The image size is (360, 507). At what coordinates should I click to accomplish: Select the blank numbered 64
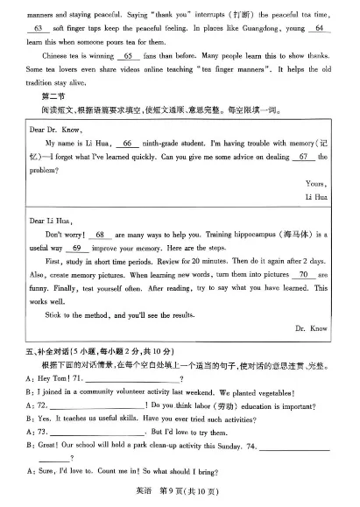pyautogui.click(x=318, y=28)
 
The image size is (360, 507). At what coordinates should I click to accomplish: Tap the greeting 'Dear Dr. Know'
pyautogui.click(x=54, y=129)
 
